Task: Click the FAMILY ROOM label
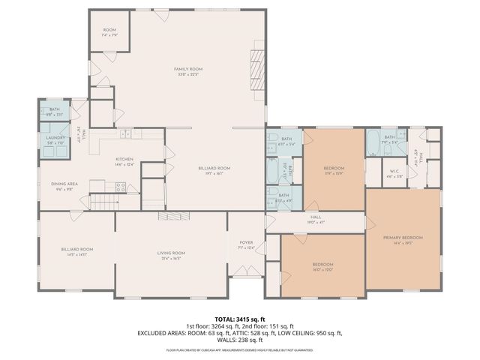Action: coord(188,69)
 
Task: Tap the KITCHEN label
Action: coord(124,159)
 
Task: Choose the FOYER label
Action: coord(245,242)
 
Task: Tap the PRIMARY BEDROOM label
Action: coord(403,238)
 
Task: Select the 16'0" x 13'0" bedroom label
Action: coord(322,265)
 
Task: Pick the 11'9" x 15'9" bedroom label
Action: coord(334,168)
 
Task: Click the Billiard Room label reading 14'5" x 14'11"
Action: coord(76,249)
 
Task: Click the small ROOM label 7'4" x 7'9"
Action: coord(110,31)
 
